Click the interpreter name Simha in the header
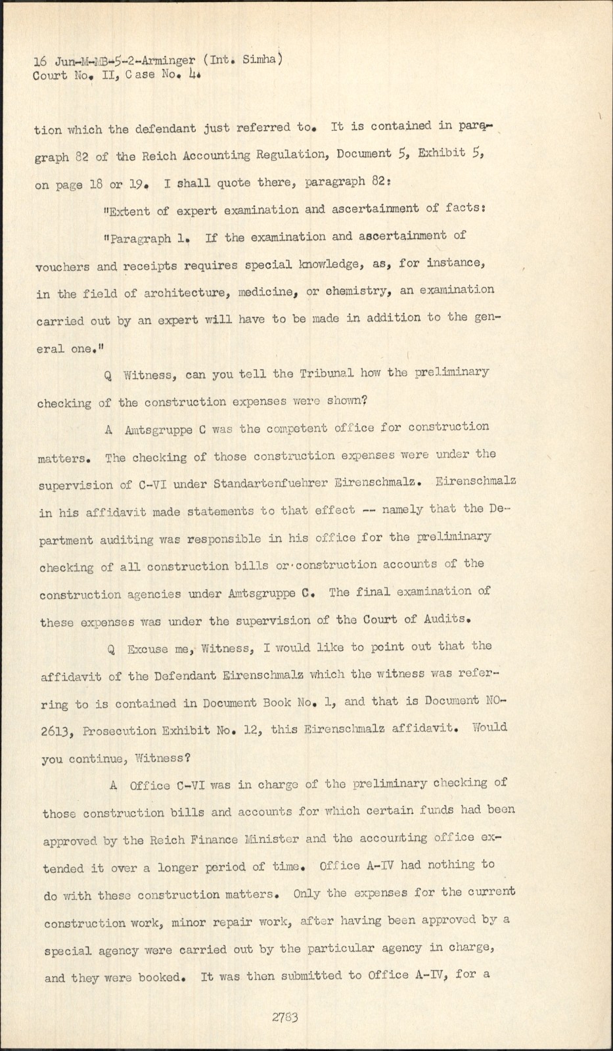pos(261,60)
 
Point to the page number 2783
pos(285,1018)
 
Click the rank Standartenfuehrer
pos(271,484)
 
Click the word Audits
pos(447,618)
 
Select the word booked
pos(159,977)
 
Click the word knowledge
pos(330,265)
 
